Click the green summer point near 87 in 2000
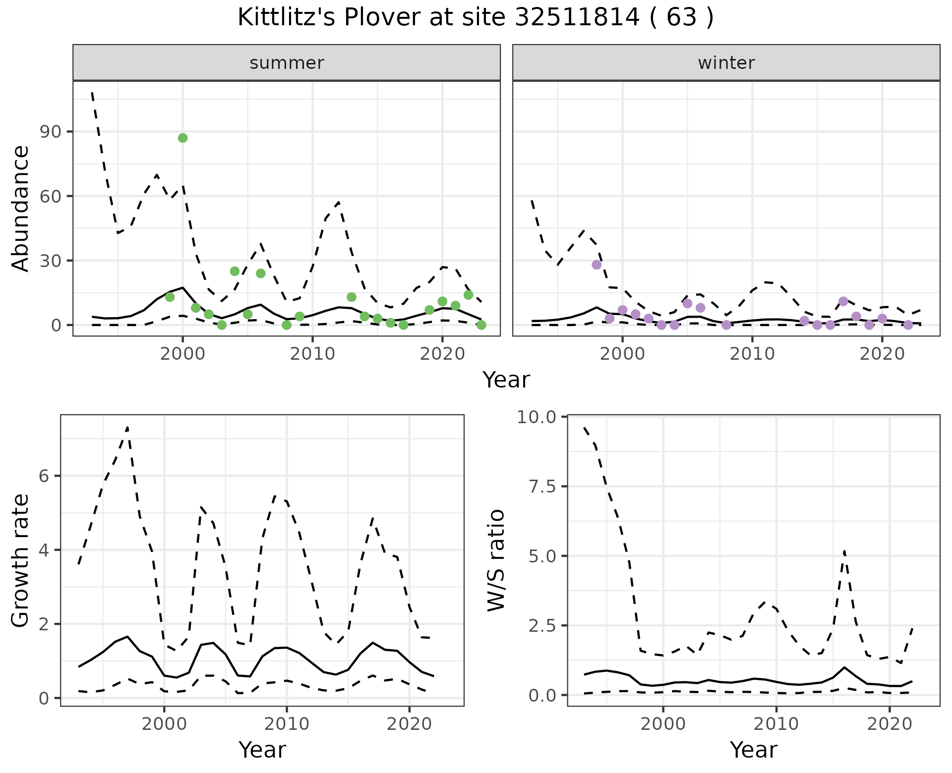coord(182,138)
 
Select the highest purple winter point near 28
coord(596,265)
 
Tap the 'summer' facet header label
coord(287,63)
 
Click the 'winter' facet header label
coord(726,63)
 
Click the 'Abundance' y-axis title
coord(21,208)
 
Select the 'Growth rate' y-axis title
coord(21,560)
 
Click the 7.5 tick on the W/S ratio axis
coord(537,487)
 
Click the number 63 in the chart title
coord(679,18)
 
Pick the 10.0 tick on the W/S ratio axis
coord(536,417)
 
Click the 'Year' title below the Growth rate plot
coord(262,750)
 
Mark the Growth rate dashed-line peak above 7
coord(127,427)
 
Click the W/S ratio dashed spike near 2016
coord(844,550)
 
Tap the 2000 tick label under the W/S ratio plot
coord(663,724)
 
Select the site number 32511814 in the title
coord(577,18)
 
